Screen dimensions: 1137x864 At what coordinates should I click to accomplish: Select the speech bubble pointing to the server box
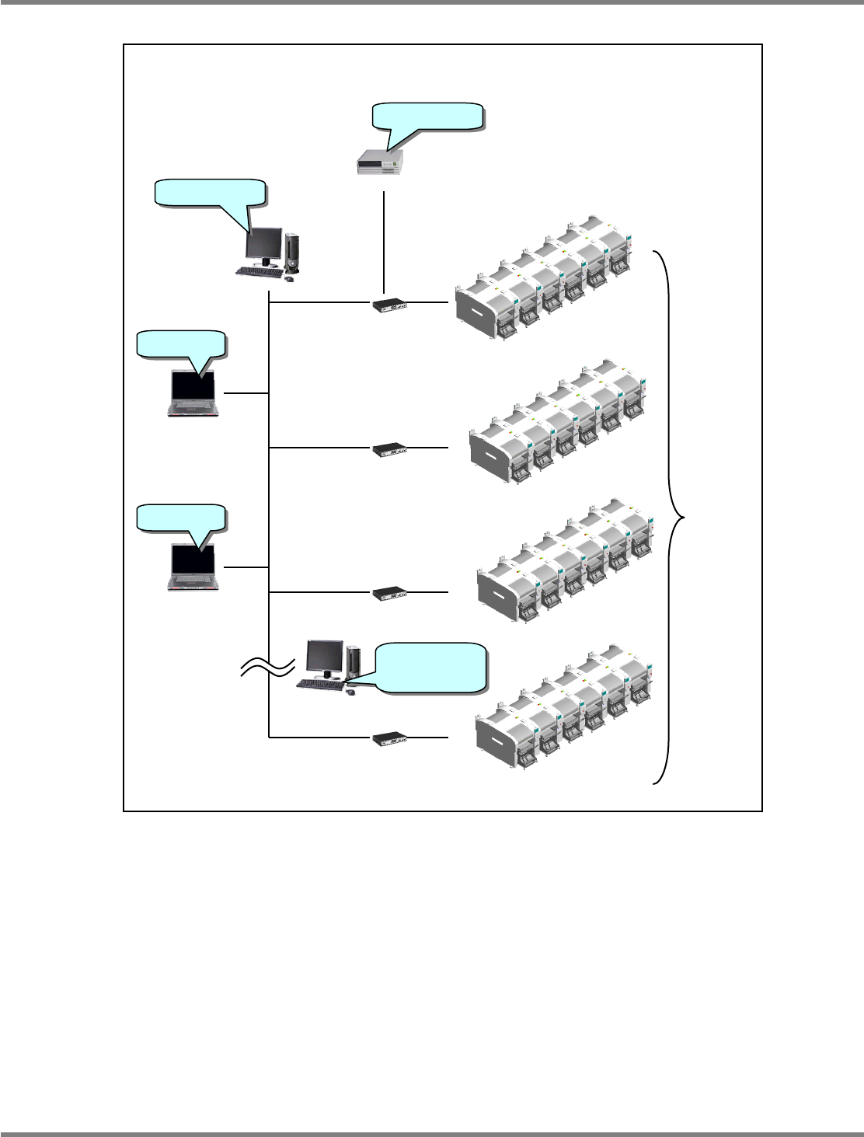[428, 116]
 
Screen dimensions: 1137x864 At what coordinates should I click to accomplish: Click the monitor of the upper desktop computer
[263, 246]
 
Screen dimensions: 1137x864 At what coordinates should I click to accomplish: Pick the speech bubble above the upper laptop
[181, 344]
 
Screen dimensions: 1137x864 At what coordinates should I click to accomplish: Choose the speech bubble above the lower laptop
[181, 518]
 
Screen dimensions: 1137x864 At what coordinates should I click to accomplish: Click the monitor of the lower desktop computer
[325, 658]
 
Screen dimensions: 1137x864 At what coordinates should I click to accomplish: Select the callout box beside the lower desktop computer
[430, 666]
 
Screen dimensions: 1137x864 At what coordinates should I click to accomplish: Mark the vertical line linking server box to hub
[385, 241]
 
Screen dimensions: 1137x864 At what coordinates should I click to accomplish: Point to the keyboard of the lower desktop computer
[319, 685]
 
